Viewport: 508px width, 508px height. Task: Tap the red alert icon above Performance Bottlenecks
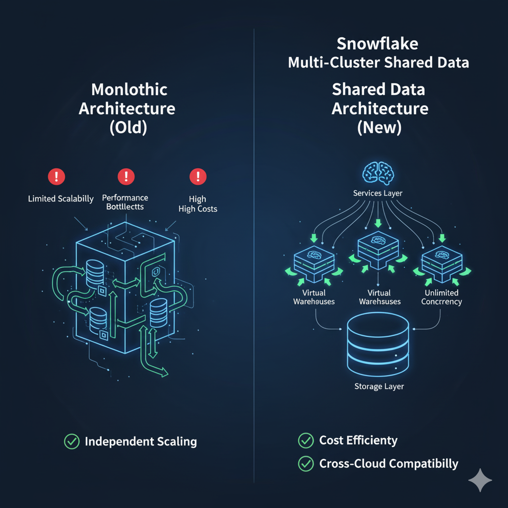(126, 176)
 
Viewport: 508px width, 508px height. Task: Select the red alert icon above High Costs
(198, 176)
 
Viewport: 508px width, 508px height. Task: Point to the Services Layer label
(378, 193)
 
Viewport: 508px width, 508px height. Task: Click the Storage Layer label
(379, 386)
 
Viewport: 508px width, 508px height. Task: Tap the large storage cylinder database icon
(379, 343)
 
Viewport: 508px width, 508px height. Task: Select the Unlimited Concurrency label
(441, 297)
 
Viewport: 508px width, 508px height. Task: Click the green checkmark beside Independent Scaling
(72, 442)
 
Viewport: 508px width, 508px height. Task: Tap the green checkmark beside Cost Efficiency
(306, 440)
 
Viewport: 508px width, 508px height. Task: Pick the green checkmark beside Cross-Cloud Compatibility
(306, 464)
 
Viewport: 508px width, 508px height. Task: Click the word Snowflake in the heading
(378, 44)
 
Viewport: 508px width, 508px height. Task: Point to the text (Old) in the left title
(127, 127)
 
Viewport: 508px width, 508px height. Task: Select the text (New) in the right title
(380, 127)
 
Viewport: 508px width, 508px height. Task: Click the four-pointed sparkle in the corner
(480, 480)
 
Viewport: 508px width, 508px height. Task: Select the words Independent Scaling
(141, 442)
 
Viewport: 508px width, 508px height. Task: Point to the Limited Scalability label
(61, 199)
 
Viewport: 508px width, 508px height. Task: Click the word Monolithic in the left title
(129, 90)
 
